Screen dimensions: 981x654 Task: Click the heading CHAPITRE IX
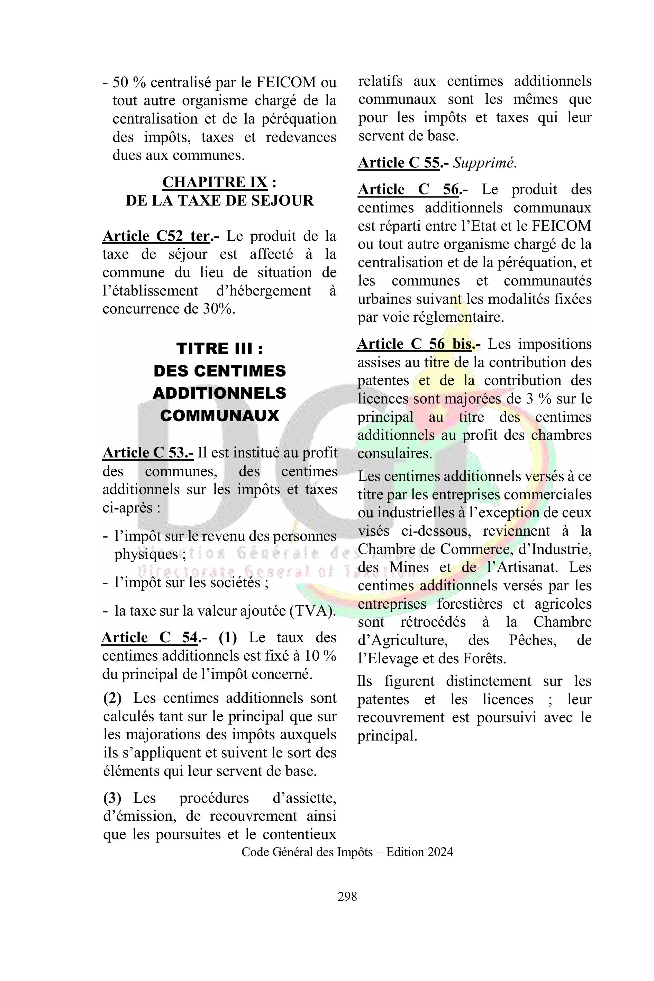point(215,182)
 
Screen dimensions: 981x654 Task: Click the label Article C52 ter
point(156,236)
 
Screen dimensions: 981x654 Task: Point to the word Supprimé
point(485,163)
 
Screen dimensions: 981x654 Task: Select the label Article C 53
point(148,453)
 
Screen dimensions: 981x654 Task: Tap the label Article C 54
point(150,638)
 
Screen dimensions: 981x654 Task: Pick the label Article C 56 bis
point(415,344)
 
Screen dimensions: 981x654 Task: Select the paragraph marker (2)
point(112,698)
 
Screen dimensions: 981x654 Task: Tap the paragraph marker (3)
point(112,798)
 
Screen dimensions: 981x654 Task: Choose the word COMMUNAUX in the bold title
point(219,416)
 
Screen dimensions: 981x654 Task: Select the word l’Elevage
point(384,658)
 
